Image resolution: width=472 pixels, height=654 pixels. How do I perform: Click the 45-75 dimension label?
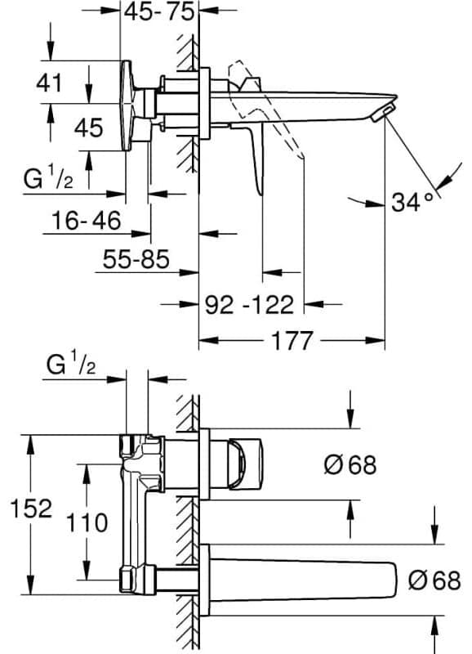159,11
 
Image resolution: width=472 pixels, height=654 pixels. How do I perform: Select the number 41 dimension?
49,83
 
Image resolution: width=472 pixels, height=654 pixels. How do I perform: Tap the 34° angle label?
412,203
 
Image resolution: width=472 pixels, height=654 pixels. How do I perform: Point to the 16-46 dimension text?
87,220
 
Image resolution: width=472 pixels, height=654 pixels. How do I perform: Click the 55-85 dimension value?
136,259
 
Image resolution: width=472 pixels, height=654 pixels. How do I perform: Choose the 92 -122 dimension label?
250,304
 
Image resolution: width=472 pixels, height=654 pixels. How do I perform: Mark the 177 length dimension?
292,340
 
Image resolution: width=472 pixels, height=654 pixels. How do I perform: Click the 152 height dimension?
31,508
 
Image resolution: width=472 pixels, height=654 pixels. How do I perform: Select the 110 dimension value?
87,522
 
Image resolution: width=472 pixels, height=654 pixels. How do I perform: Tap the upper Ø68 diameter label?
350,464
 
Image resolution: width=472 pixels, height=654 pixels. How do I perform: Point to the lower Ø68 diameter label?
434,580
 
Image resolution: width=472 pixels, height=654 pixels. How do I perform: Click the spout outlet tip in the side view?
384,114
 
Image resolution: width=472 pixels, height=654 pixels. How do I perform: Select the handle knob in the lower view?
244,464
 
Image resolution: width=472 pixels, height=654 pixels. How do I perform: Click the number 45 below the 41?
88,128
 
